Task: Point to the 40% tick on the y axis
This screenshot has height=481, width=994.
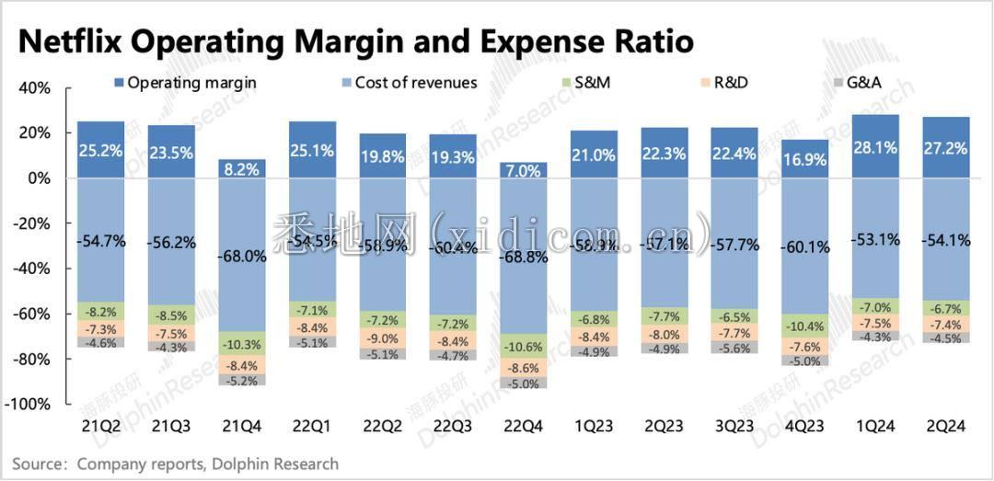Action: [x=35, y=88]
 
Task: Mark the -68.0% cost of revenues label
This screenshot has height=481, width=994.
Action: [x=242, y=258]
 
